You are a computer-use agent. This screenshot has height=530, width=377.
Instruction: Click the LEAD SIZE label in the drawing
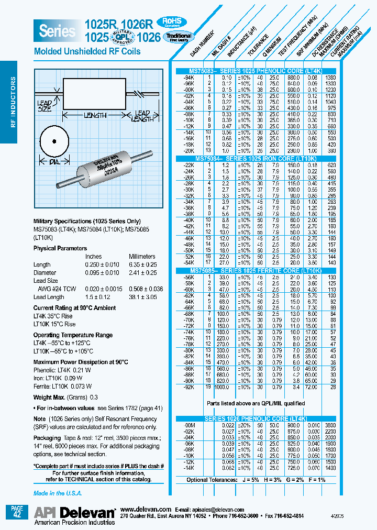(45, 107)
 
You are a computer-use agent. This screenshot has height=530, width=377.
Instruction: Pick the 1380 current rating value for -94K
(331, 77)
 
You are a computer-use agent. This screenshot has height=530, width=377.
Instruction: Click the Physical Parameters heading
(60, 248)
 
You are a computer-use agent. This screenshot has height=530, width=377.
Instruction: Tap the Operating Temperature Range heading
(73, 334)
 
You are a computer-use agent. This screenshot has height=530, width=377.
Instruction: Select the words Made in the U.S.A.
(57, 493)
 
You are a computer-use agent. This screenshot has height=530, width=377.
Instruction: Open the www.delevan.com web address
(146, 509)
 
